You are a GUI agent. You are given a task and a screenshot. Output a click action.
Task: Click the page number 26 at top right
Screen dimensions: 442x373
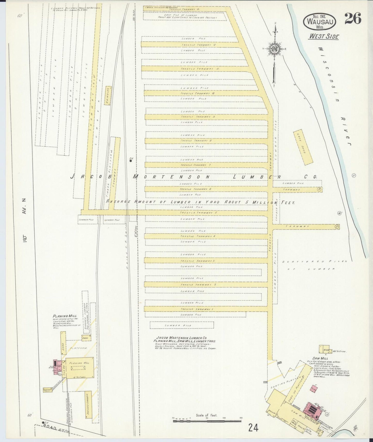coord(353,19)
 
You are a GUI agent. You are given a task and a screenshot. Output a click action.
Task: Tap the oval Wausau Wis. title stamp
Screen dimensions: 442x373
coord(320,21)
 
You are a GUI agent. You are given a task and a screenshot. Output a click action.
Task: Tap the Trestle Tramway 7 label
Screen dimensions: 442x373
coord(196,165)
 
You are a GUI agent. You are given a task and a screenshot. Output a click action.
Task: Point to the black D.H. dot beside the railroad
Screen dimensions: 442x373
coord(131,161)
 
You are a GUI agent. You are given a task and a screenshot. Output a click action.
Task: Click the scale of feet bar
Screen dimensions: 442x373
coord(207,421)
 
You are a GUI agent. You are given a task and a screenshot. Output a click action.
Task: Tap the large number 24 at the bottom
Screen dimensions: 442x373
coord(253,428)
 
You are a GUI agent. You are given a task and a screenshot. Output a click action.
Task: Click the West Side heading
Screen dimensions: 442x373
coord(323,36)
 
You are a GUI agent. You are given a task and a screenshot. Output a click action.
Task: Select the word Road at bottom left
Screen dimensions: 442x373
coord(50,427)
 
